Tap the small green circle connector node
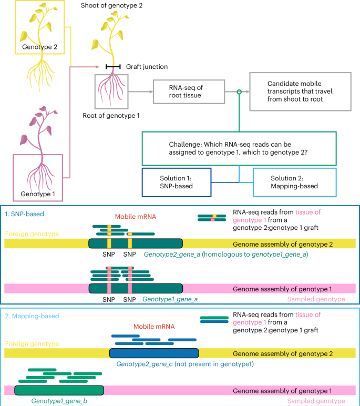pos(239,92)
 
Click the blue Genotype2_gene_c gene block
pos(153,353)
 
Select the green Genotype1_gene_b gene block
pos(59,390)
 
